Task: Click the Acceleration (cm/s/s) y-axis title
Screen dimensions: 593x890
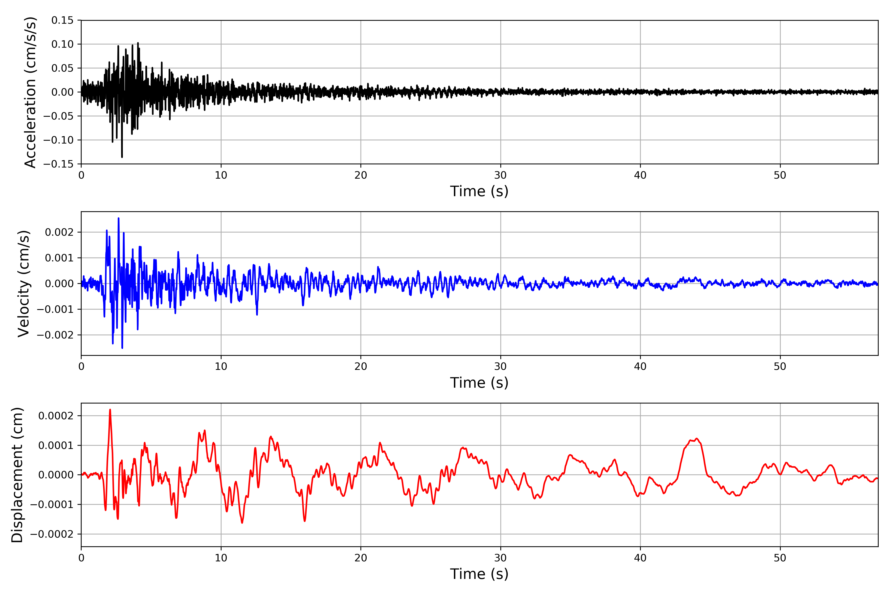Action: coord(30,92)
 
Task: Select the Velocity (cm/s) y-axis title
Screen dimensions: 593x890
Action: coord(23,284)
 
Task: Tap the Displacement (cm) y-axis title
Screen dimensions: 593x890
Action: coord(17,475)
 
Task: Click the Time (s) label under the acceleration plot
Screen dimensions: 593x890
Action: coord(479,191)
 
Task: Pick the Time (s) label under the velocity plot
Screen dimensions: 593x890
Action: coord(479,383)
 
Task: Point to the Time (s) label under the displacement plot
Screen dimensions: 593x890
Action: coord(479,574)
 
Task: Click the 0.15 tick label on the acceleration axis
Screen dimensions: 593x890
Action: coord(63,21)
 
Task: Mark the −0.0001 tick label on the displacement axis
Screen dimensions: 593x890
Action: coord(52,505)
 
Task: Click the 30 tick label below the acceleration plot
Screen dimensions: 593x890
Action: coord(500,175)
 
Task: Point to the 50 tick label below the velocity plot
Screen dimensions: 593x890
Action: coord(780,366)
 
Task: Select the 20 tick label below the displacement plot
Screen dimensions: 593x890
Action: coord(361,558)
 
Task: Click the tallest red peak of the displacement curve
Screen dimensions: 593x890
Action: coord(110,410)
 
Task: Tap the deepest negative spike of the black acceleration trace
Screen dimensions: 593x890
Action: coord(122,157)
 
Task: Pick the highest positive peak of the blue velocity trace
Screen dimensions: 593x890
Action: coord(118,219)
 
